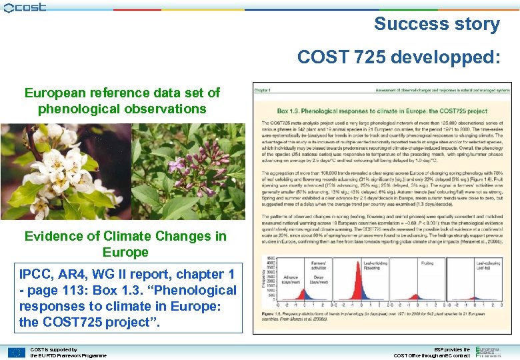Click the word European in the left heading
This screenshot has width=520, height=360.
pyautogui.click(x=56, y=93)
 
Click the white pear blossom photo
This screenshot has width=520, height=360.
pyautogui.click(x=65, y=172)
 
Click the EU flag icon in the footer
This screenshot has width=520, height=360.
pyautogui.click(x=17, y=352)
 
